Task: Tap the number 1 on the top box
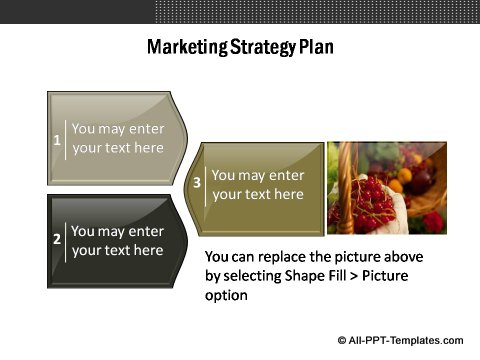[57, 139]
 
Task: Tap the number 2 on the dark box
[57, 240]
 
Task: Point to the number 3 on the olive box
[197, 183]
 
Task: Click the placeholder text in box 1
[118, 138]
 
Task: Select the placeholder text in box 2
[118, 240]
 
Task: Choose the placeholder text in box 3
[258, 184]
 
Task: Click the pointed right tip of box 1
[189, 138]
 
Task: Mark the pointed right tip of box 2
[189, 240]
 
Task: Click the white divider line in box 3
[205, 184]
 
